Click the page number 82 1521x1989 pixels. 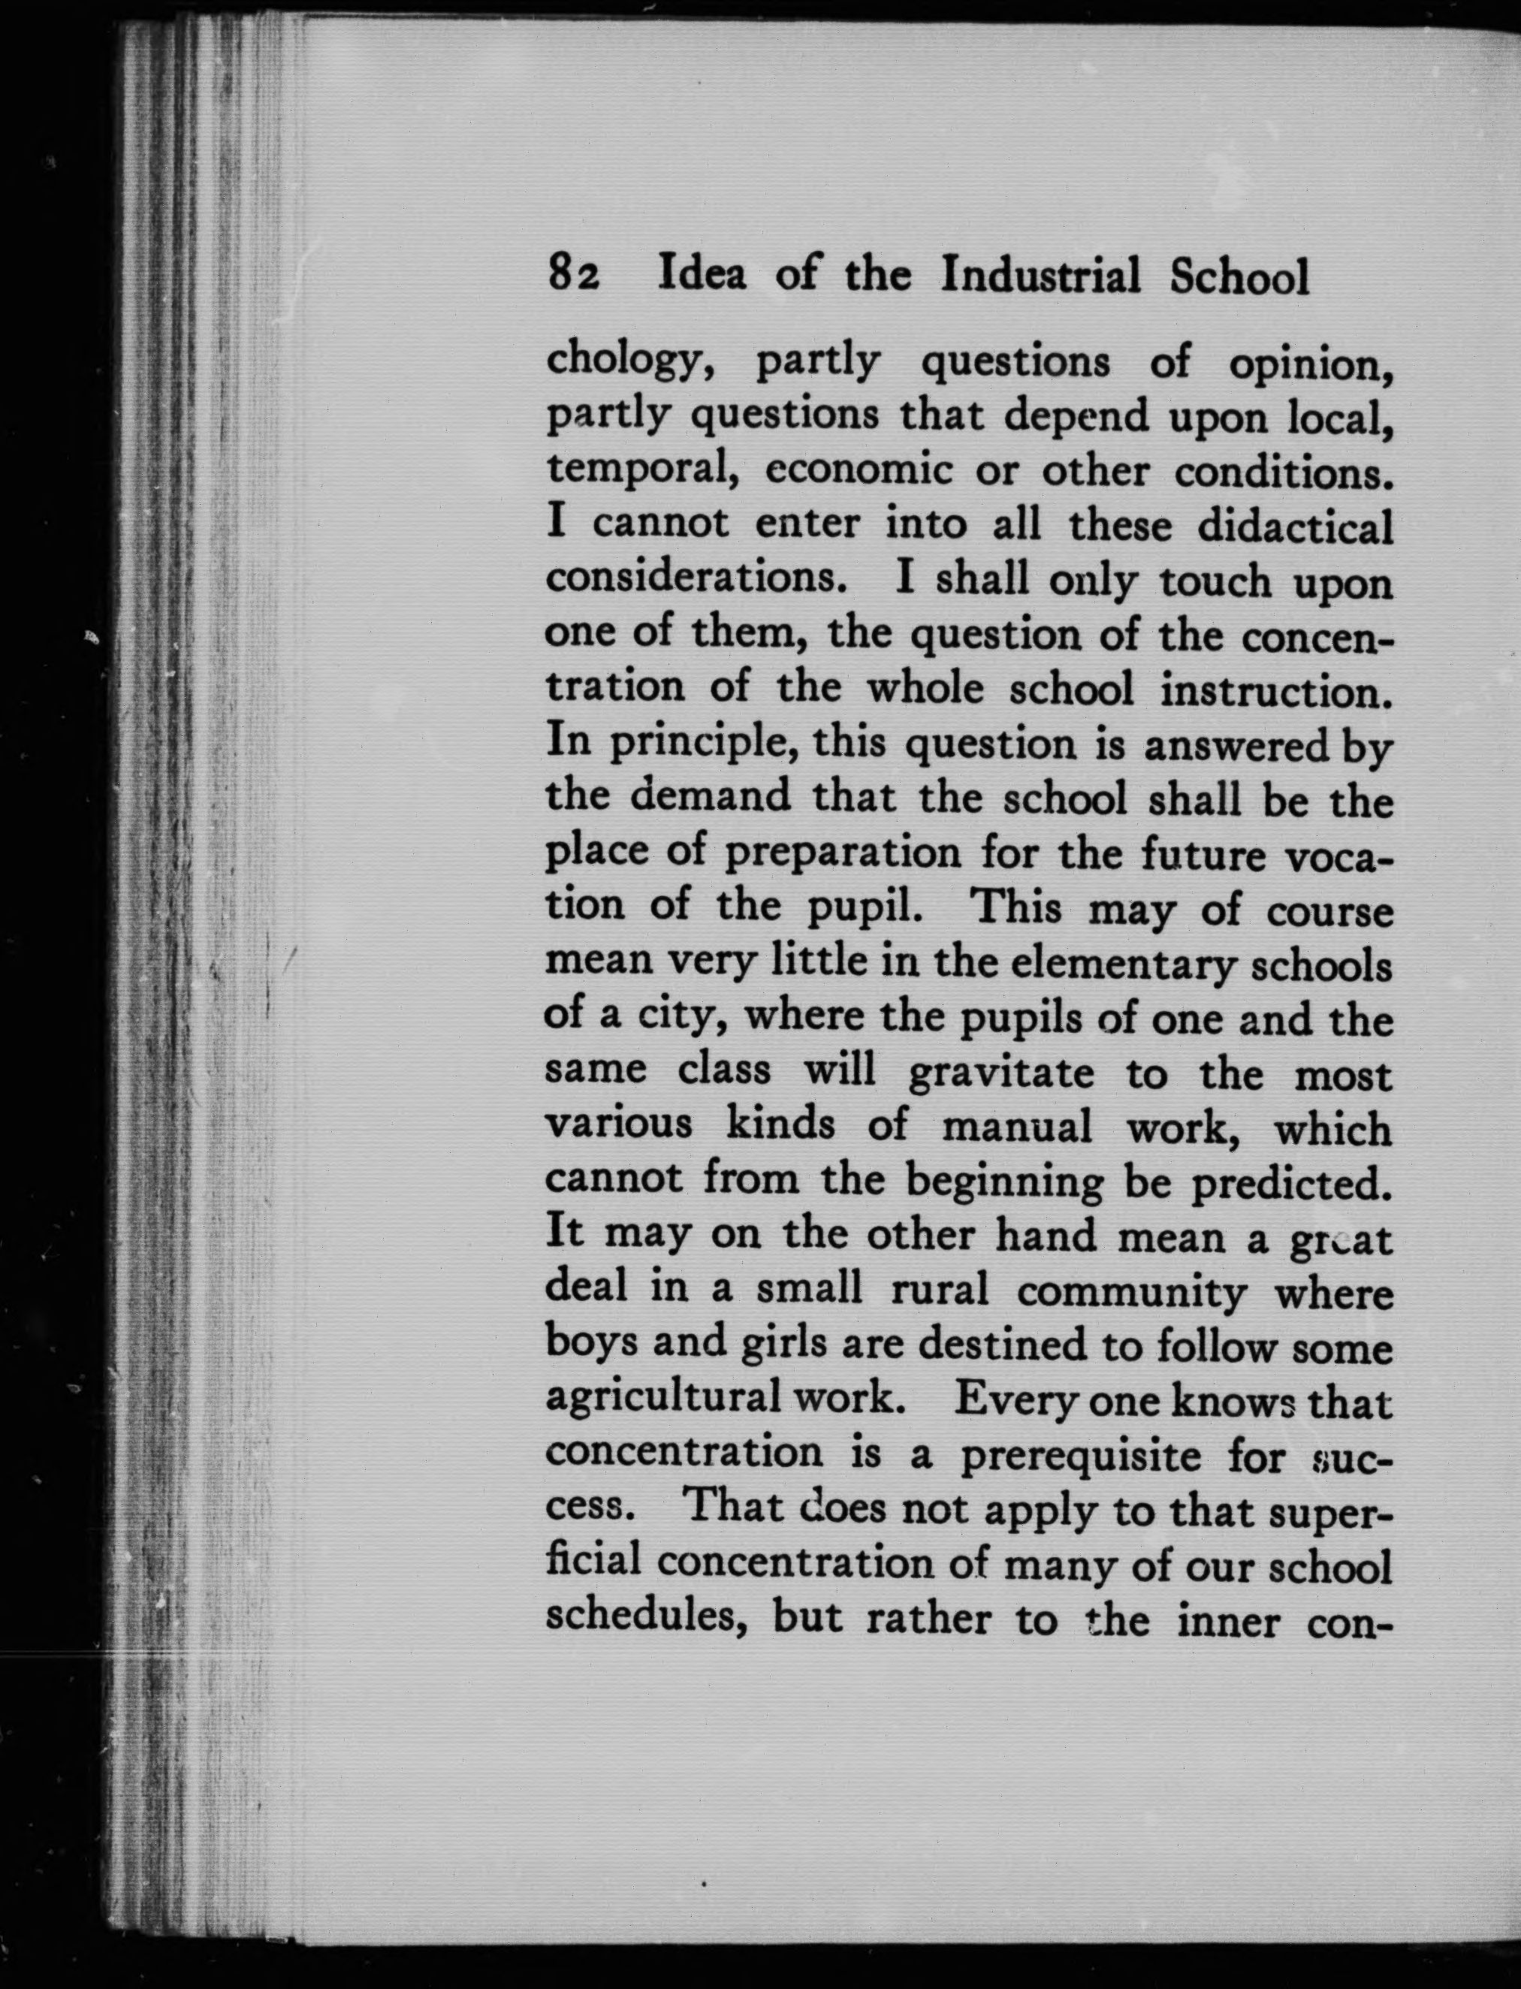[573, 274]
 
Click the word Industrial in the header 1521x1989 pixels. [1040, 274]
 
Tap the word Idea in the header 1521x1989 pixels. [702, 274]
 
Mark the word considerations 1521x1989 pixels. [696, 579]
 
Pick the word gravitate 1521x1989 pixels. [1000, 1073]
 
